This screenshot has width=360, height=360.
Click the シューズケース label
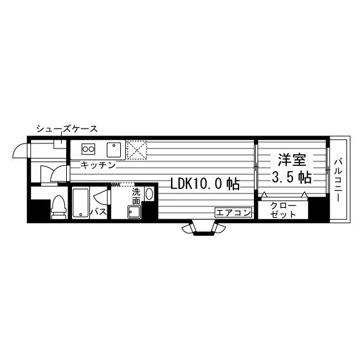point(67,129)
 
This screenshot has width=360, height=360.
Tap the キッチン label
point(98,165)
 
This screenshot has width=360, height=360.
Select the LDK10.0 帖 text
point(205,184)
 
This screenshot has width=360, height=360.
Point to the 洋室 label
point(292,160)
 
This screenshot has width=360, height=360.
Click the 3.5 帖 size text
point(292,177)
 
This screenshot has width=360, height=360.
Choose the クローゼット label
point(283,210)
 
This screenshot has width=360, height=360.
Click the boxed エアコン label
point(233,213)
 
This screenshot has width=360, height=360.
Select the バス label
point(98,212)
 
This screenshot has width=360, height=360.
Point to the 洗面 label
point(136,197)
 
